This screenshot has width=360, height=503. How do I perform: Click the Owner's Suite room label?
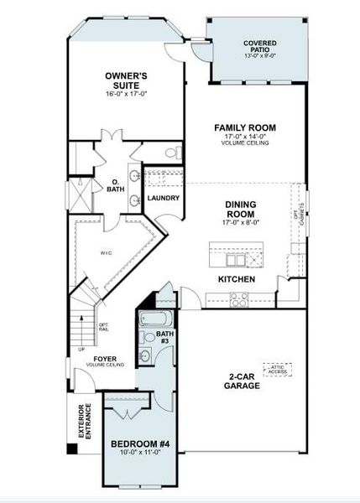pos(127,80)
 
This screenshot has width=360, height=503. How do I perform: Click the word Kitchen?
pos(237,278)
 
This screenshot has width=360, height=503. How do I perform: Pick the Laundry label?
pos(163,198)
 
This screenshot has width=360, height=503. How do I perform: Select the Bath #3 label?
pos(165,339)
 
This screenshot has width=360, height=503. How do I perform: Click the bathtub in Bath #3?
pos(156,320)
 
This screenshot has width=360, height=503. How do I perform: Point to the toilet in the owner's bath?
pos(174,153)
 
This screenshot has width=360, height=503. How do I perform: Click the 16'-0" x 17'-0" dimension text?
pos(127,94)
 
